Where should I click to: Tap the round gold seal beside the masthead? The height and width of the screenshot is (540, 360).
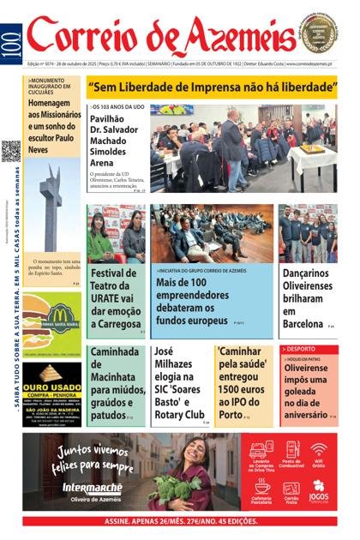pyautogui.click(x=318, y=32)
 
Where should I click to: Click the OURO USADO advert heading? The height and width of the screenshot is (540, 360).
pyautogui.click(x=51, y=375)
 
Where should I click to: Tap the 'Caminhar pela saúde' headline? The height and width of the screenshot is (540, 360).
pyautogui.click(x=245, y=383)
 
